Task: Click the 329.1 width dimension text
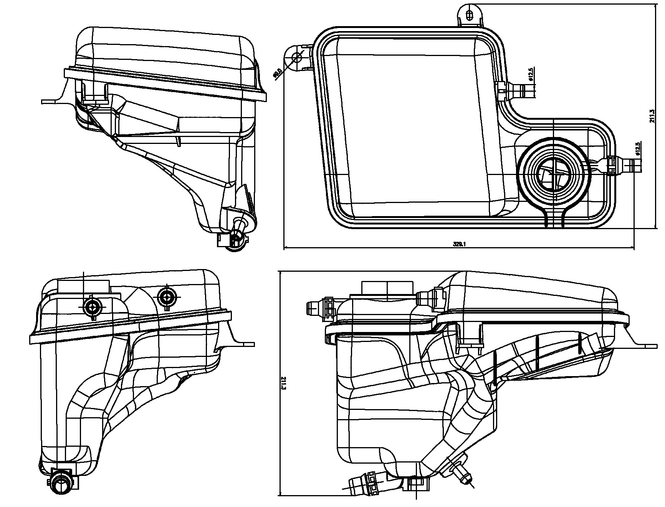pyautogui.click(x=459, y=244)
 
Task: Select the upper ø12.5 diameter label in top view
pyautogui.click(x=531, y=74)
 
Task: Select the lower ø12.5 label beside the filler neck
pyautogui.click(x=638, y=149)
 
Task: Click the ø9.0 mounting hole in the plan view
pyautogui.click(x=297, y=58)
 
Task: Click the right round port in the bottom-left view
pyautogui.click(x=167, y=296)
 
